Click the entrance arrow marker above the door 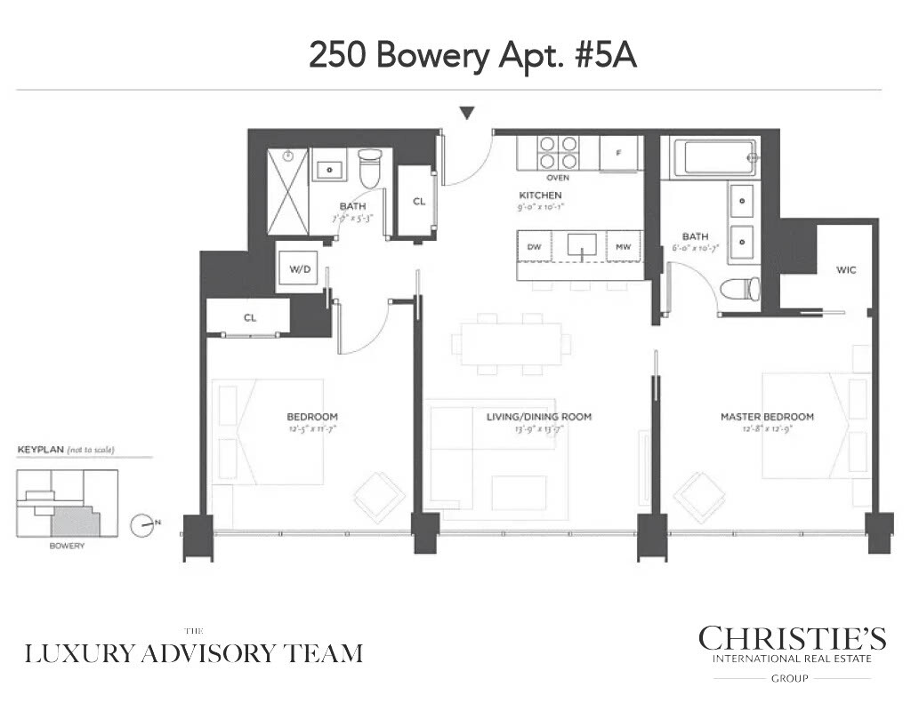tap(467, 112)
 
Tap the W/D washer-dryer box tap(294, 268)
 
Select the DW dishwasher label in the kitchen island tap(534, 247)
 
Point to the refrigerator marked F tap(618, 152)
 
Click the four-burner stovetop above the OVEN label tap(558, 152)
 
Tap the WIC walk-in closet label tap(845, 269)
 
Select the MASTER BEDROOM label tap(767, 417)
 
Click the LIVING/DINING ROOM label tap(538, 417)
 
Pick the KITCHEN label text tap(540, 196)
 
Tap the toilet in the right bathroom tap(740, 289)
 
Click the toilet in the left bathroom tap(369, 167)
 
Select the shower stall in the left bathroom tap(288, 191)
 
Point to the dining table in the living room tap(511, 342)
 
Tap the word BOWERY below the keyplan tap(67, 546)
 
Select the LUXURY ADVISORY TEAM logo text tap(194, 653)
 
